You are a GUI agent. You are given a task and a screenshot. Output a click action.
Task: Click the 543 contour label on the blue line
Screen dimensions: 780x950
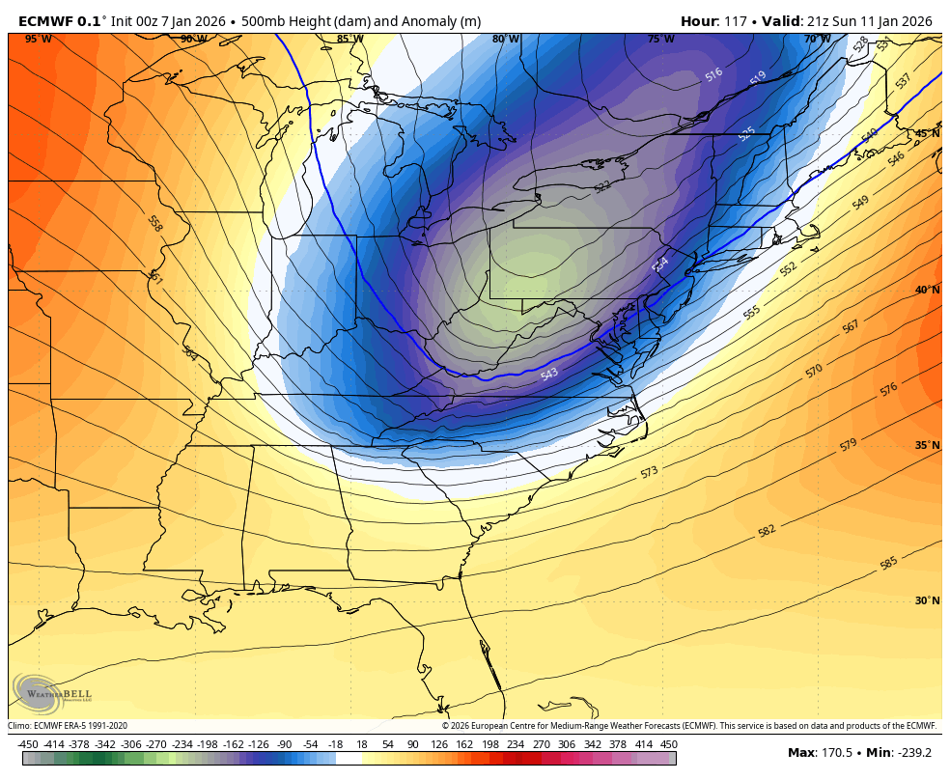tap(549, 374)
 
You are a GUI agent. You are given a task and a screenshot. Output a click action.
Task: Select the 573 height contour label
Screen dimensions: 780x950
tap(649, 472)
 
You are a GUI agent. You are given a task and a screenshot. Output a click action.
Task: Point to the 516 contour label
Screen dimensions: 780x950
tap(713, 74)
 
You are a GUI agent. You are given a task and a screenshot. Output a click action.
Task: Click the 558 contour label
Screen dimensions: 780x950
tap(154, 223)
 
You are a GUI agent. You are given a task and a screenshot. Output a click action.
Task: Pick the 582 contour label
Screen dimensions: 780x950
tap(767, 530)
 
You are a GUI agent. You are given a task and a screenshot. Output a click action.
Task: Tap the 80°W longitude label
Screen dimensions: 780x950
tap(505, 40)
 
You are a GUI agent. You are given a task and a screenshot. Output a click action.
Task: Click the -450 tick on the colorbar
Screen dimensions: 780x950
tap(28, 744)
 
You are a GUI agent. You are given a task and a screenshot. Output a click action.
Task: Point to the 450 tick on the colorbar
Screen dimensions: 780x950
tap(668, 744)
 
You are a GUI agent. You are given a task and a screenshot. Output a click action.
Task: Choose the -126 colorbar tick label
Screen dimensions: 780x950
tap(259, 744)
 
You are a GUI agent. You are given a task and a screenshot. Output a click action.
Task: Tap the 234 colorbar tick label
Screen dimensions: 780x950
tap(515, 744)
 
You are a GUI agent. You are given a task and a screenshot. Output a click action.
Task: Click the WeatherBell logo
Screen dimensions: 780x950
tap(53, 693)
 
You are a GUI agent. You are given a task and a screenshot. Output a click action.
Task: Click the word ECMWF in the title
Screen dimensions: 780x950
tap(45, 21)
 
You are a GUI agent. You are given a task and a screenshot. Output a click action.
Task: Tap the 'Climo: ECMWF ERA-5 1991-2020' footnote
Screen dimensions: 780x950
tap(68, 726)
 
